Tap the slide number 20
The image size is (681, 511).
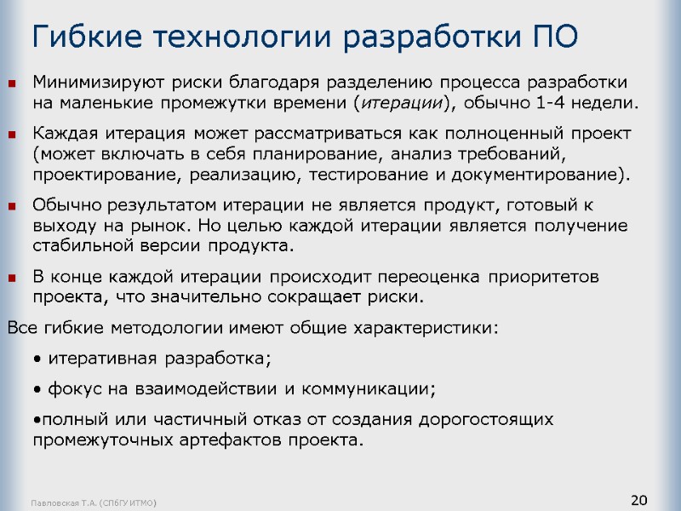(638, 499)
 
